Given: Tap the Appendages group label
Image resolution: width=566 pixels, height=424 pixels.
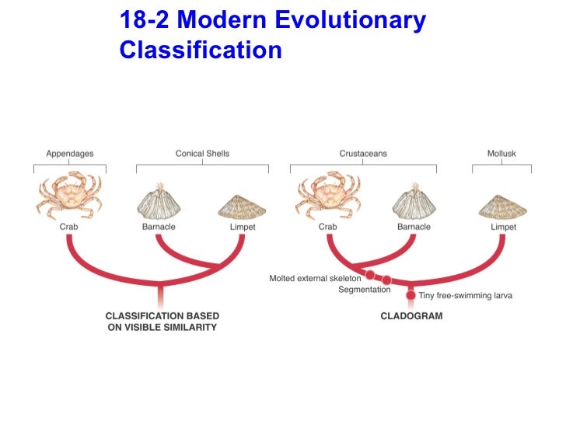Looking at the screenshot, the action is click(69, 154).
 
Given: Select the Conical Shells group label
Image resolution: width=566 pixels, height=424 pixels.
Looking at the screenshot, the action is click(202, 154).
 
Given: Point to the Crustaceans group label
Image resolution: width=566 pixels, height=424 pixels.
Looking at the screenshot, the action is click(363, 154).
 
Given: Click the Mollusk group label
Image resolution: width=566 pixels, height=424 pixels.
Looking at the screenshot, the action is click(501, 154).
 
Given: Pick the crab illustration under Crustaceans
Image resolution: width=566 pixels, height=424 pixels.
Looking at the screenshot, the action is click(327, 196).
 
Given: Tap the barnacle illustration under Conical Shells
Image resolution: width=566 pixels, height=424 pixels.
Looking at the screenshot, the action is click(161, 202).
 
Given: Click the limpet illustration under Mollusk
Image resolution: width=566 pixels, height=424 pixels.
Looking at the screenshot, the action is click(502, 206).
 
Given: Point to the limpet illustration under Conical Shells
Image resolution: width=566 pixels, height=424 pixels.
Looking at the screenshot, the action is click(242, 206).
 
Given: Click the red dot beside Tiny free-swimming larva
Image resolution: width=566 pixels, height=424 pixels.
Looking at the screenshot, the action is click(411, 295).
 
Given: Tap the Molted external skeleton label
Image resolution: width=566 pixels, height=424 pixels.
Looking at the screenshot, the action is click(315, 277).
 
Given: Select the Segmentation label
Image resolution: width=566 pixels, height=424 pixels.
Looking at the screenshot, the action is click(364, 290).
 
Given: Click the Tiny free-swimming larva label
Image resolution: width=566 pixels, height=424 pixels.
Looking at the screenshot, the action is click(466, 296).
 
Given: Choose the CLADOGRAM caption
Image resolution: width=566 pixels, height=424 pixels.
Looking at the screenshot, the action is click(411, 316).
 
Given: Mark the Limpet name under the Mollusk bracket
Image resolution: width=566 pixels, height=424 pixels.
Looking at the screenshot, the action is click(503, 227).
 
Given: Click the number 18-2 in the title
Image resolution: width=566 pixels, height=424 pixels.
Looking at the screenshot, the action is click(145, 21).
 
